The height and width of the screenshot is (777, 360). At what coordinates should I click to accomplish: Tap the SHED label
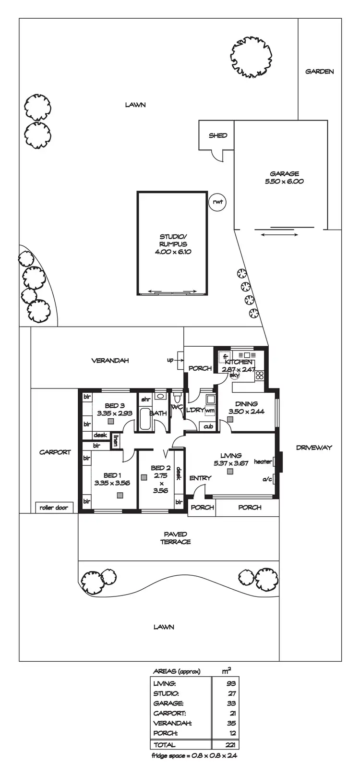(217, 135)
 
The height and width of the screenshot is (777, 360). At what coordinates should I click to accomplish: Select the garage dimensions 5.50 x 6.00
(284, 182)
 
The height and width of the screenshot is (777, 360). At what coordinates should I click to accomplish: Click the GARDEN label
(320, 72)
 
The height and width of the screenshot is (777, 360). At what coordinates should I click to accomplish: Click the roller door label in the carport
(54, 508)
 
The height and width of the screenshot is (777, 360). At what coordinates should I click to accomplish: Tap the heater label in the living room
(263, 461)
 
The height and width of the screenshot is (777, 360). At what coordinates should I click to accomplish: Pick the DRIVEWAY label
(314, 448)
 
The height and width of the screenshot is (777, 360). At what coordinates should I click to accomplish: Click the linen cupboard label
(115, 440)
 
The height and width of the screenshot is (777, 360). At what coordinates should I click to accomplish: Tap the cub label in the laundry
(208, 426)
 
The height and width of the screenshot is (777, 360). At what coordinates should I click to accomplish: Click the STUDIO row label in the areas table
(166, 693)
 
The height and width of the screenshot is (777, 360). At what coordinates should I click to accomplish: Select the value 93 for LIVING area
(230, 683)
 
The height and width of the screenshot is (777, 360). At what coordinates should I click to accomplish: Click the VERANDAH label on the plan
(110, 361)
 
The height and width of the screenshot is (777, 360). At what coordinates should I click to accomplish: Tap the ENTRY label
(200, 478)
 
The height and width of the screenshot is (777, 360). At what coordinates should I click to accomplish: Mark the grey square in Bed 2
(144, 477)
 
